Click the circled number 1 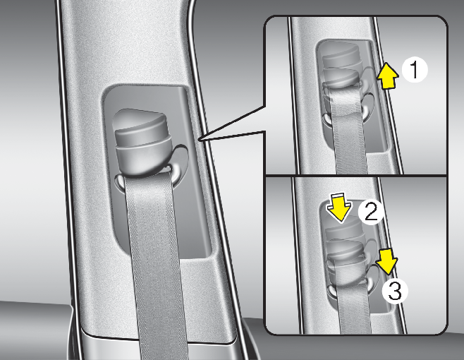point(415,70)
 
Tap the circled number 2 point(371,212)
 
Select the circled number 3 point(395,291)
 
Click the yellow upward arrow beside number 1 point(388,76)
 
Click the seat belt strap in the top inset point(349,131)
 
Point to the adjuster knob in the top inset point(341,68)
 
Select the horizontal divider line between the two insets point(356,176)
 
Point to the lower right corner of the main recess point(211,256)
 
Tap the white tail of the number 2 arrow point(338,196)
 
